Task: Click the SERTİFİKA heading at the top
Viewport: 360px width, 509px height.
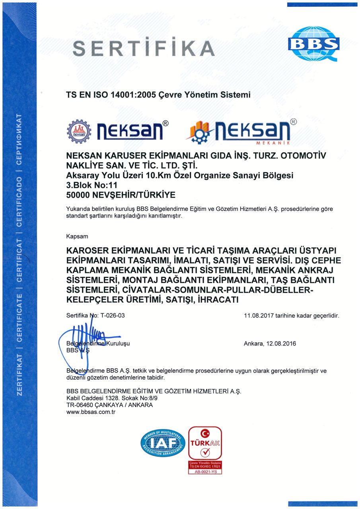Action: click(x=144, y=49)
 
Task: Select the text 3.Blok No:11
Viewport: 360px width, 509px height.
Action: click(x=91, y=185)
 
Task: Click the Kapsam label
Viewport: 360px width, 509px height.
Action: click(x=77, y=236)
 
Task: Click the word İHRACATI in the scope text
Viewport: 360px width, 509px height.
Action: click(x=217, y=300)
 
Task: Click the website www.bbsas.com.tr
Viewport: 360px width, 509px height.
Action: click(x=91, y=412)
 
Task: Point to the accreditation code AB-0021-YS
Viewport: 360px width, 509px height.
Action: click(x=205, y=472)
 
